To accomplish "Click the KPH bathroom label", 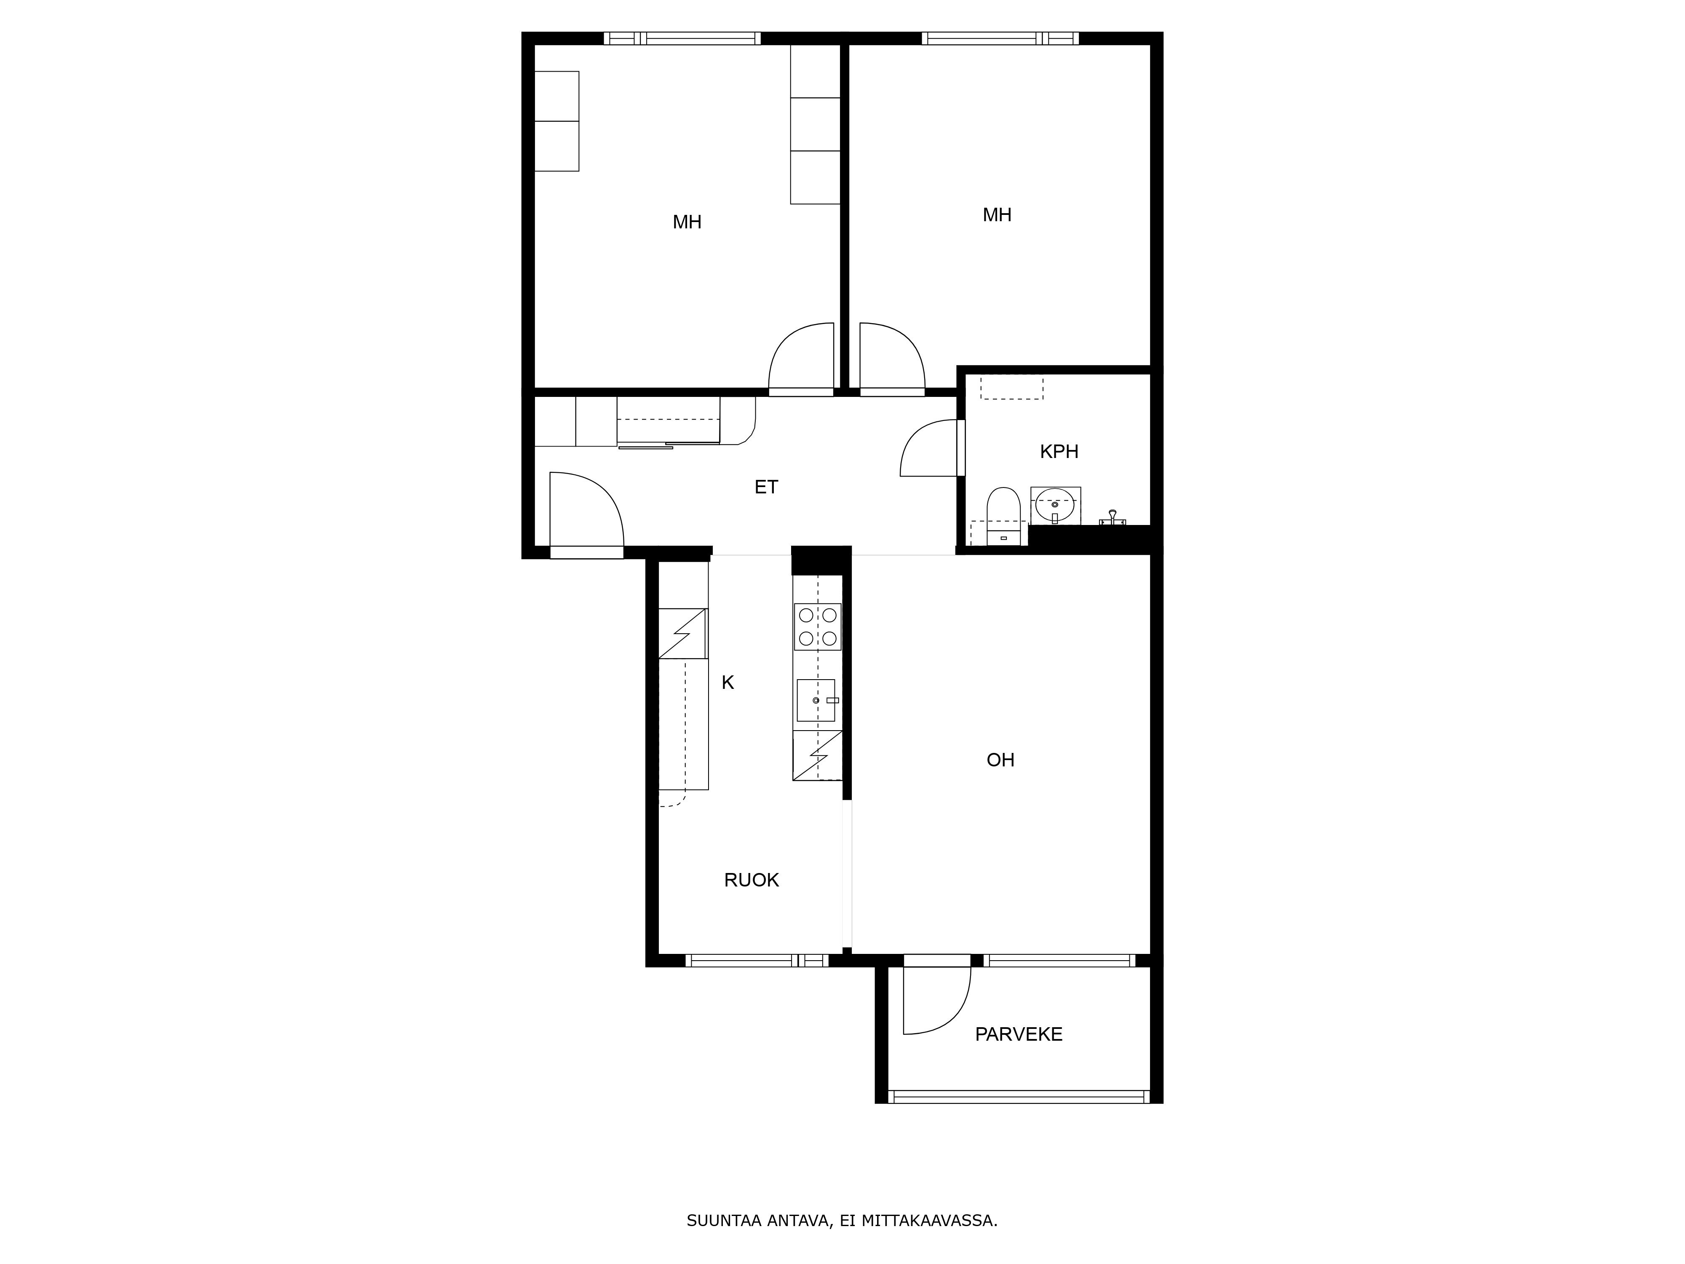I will (x=1059, y=452).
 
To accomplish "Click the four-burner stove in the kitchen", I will (x=817, y=626).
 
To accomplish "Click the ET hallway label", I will (x=766, y=487).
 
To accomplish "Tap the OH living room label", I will (x=1000, y=760).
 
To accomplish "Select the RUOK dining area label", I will (x=751, y=880).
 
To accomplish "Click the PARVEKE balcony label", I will (x=1019, y=1034).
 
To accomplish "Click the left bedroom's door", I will (x=801, y=358).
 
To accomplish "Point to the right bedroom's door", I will (x=891, y=358).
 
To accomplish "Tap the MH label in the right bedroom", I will (x=996, y=215).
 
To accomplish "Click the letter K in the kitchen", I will (x=727, y=683).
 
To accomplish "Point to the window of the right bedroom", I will (x=1000, y=38).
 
